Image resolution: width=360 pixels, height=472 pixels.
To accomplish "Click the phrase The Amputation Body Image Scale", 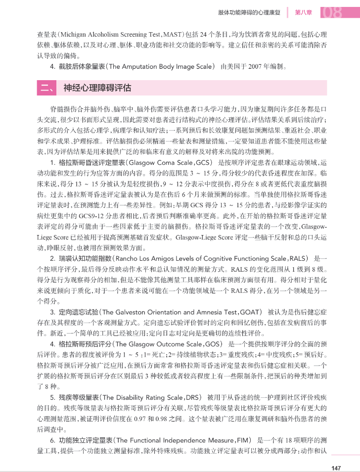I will coord(160,66).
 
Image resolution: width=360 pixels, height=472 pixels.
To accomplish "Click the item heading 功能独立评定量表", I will coord(85,440).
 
